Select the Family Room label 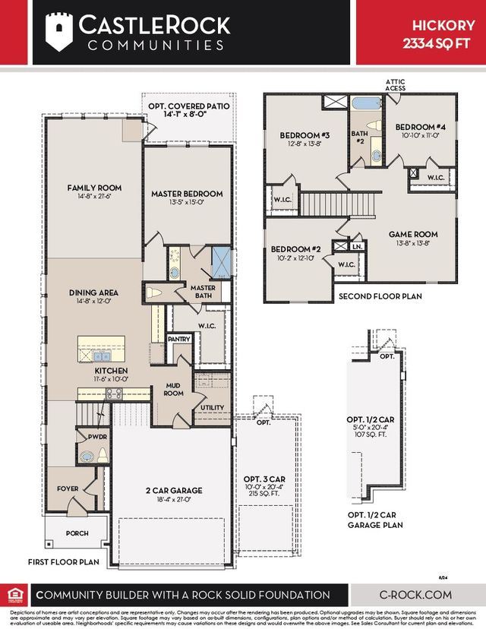94,188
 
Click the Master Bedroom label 187,194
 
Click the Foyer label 69,489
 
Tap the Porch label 77,533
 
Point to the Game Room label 413,235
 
